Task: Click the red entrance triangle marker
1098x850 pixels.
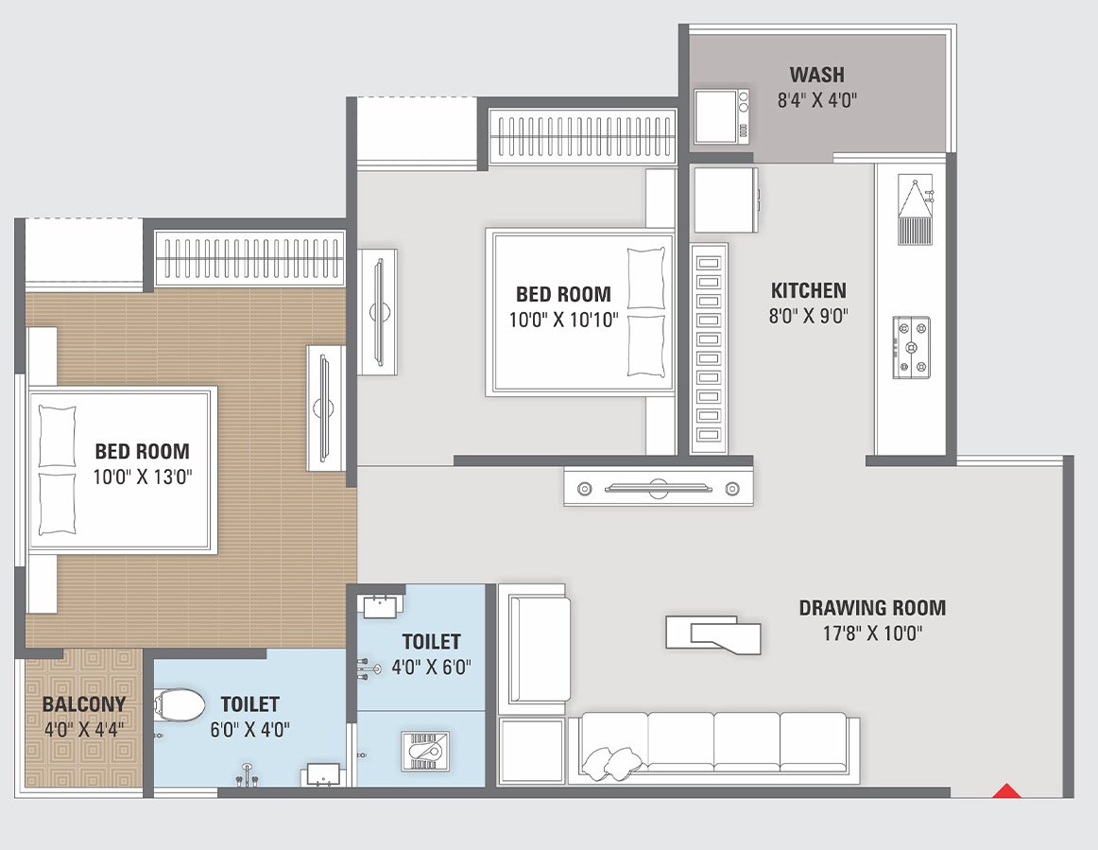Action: pyautogui.click(x=1008, y=790)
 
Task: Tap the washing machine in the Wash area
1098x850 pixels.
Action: pyautogui.click(x=722, y=116)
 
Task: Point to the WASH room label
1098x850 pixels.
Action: pyautogui.click(x=816, y=75)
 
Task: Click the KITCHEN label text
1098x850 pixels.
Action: pyautogui.click(x=808, y=290)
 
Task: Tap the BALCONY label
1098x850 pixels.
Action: pyautogui.click(x=83, y=704)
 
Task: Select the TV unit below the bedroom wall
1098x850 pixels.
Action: pyautogui.click(x=659, y=488)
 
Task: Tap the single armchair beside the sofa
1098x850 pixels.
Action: pyautogui.click(x=534, y=652)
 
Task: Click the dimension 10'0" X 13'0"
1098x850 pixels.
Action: pyautogui.click(x=142, y=477)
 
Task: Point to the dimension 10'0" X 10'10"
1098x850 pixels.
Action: pyautogui.click(x=563, y=321)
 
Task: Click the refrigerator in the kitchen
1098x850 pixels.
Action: pyautogui.click(x=725, y=199)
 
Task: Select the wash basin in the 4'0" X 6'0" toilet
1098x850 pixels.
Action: pyautogui.click(x=380, y=606)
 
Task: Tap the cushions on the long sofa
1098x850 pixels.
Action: pyautogui.click(x=609, y=760)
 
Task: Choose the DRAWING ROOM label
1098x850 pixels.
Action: pyautogui.click(x=871, y=608)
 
